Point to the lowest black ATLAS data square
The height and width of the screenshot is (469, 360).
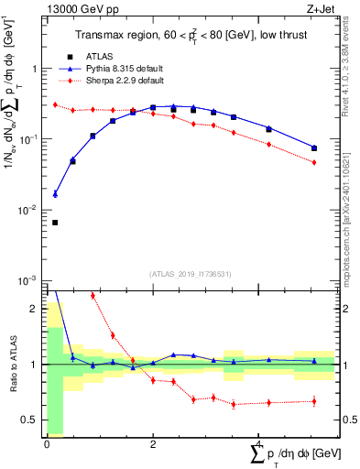click(55, 223)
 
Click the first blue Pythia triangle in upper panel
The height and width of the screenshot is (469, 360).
click(55, 194)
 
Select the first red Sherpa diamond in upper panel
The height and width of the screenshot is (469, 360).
click(55, 105)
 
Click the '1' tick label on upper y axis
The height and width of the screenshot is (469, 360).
click(35, 69)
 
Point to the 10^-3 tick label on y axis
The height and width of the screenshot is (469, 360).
click(30, 280)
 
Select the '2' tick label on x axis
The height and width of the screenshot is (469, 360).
click(153, 444)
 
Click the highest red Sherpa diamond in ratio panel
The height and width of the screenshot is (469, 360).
click(93, 296)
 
